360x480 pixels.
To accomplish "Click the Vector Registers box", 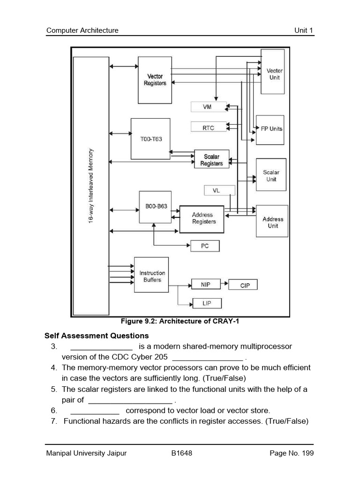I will click(x=155, y=80).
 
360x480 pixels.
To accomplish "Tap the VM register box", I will click(x=208, y=107).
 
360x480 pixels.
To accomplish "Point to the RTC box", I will click(x=208, y=127).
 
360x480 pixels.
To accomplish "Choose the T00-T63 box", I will click(x=150, y=139).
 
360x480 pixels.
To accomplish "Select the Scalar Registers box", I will click(x=211, y=160).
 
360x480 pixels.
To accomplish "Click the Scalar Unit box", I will click(x=271, y=175).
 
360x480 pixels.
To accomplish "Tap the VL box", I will click(x=216, y=190).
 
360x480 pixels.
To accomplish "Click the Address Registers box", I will click(x=202, y=218).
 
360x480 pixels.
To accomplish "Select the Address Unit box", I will click(x=272, y=222).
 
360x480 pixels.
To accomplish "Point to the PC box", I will click(x=205, y=246).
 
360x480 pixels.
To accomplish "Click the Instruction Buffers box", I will click(x=152, y=276).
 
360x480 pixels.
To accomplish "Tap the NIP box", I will click(x=205, y=285).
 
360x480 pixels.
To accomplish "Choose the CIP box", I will click(x=245, y=285).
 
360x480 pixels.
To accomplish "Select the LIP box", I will click(x=206, y=304).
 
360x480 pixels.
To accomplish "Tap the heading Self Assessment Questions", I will click(x=97, y=336).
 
